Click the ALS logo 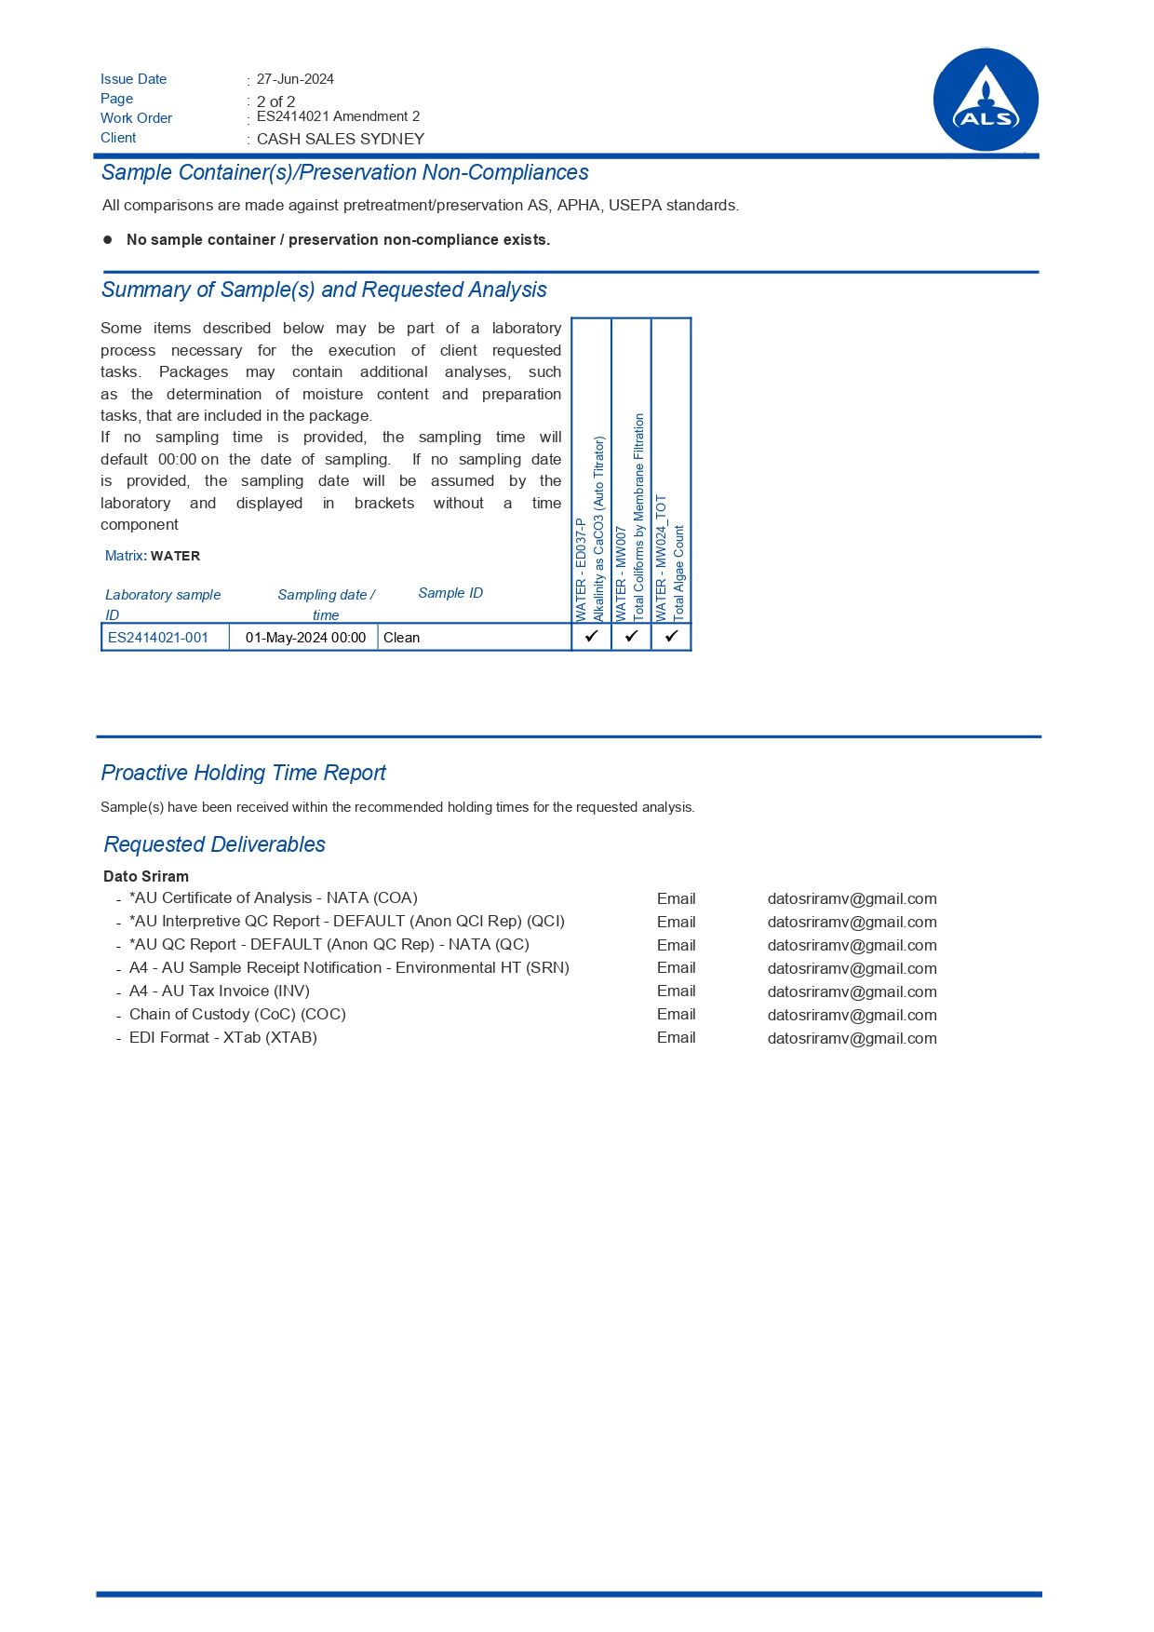pyautogui.click(x=986, y=100)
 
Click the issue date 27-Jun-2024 pyautogui.click(x=295, y=79)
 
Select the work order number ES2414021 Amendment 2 pyautogui.click(x=338, y=116)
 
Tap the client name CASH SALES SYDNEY pyautogui.click(x=340, y=139)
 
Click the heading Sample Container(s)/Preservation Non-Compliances pyautogui.click(x=344, y=172)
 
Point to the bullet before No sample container pyautogui.click(x=107, y=239)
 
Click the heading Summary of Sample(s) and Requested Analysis pyautogui.click(x=324, y=290)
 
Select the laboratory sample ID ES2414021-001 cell pyautogui.click(x=158, y=638)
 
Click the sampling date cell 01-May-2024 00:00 pyautogui.click(x=305, y=638)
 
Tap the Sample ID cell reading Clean pyautogui.click(x=402, y=638)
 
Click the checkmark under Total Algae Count pyautogui.click(x=671, y=637)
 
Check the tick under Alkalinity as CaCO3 pyautogui.click(x=591, y=637)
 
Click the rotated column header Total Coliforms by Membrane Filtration pyautogui.click(x=638, y=517)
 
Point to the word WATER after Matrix pyautogui.click(x=175, y=556)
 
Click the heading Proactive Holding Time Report pyautogui.click(x=243, y=773)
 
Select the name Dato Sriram pyautogui.click(x=146, y=876)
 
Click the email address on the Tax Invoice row pyautogui.click(x=852, y=991)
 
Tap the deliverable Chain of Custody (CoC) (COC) pyautogui.click(x=237, y=1014)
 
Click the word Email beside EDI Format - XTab pyautogui.click(x=676, y=1037)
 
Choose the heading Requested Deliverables pyautogui.click(x=214, y=844)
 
